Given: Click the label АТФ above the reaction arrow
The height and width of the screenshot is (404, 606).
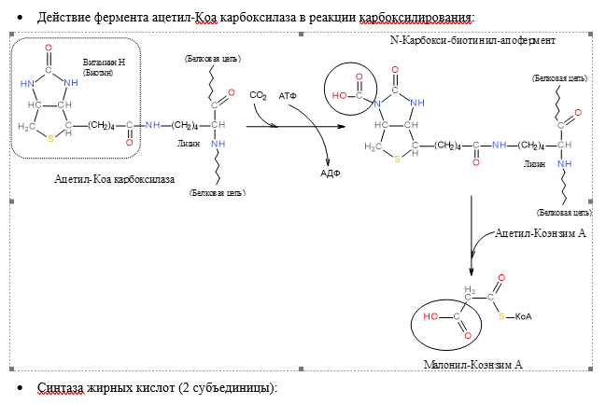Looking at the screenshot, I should tap(289, 95).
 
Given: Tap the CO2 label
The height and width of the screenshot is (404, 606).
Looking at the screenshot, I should tap(259, 95).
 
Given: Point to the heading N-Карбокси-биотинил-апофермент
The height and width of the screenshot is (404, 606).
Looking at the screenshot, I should tap(471, 42).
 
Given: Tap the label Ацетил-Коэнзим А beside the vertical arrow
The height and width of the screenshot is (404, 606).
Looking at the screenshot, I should tap(540, 232).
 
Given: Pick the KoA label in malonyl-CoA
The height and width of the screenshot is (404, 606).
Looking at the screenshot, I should tap(523, 316).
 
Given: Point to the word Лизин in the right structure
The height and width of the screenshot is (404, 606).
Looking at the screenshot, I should tap(534, 163).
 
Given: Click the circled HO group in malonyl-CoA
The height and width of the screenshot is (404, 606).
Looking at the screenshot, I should tap(431, 316).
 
